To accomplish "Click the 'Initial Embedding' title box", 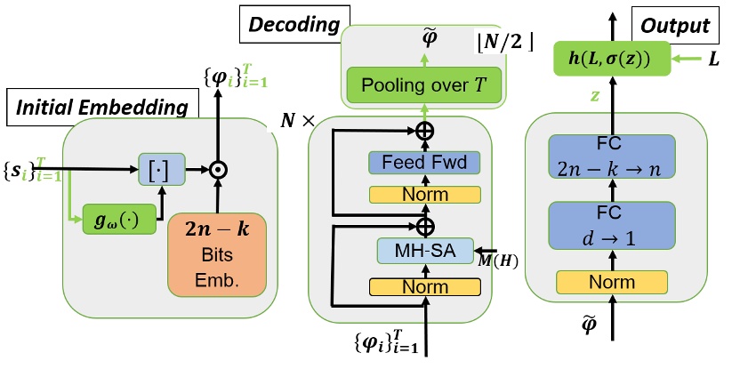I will point(101,108).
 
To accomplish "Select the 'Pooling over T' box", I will point(425,87).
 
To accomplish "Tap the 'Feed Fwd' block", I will point(423,163).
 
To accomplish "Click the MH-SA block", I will point(423,252).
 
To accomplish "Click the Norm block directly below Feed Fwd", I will point(423,194).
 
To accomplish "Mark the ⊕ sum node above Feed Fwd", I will point(423,132).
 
